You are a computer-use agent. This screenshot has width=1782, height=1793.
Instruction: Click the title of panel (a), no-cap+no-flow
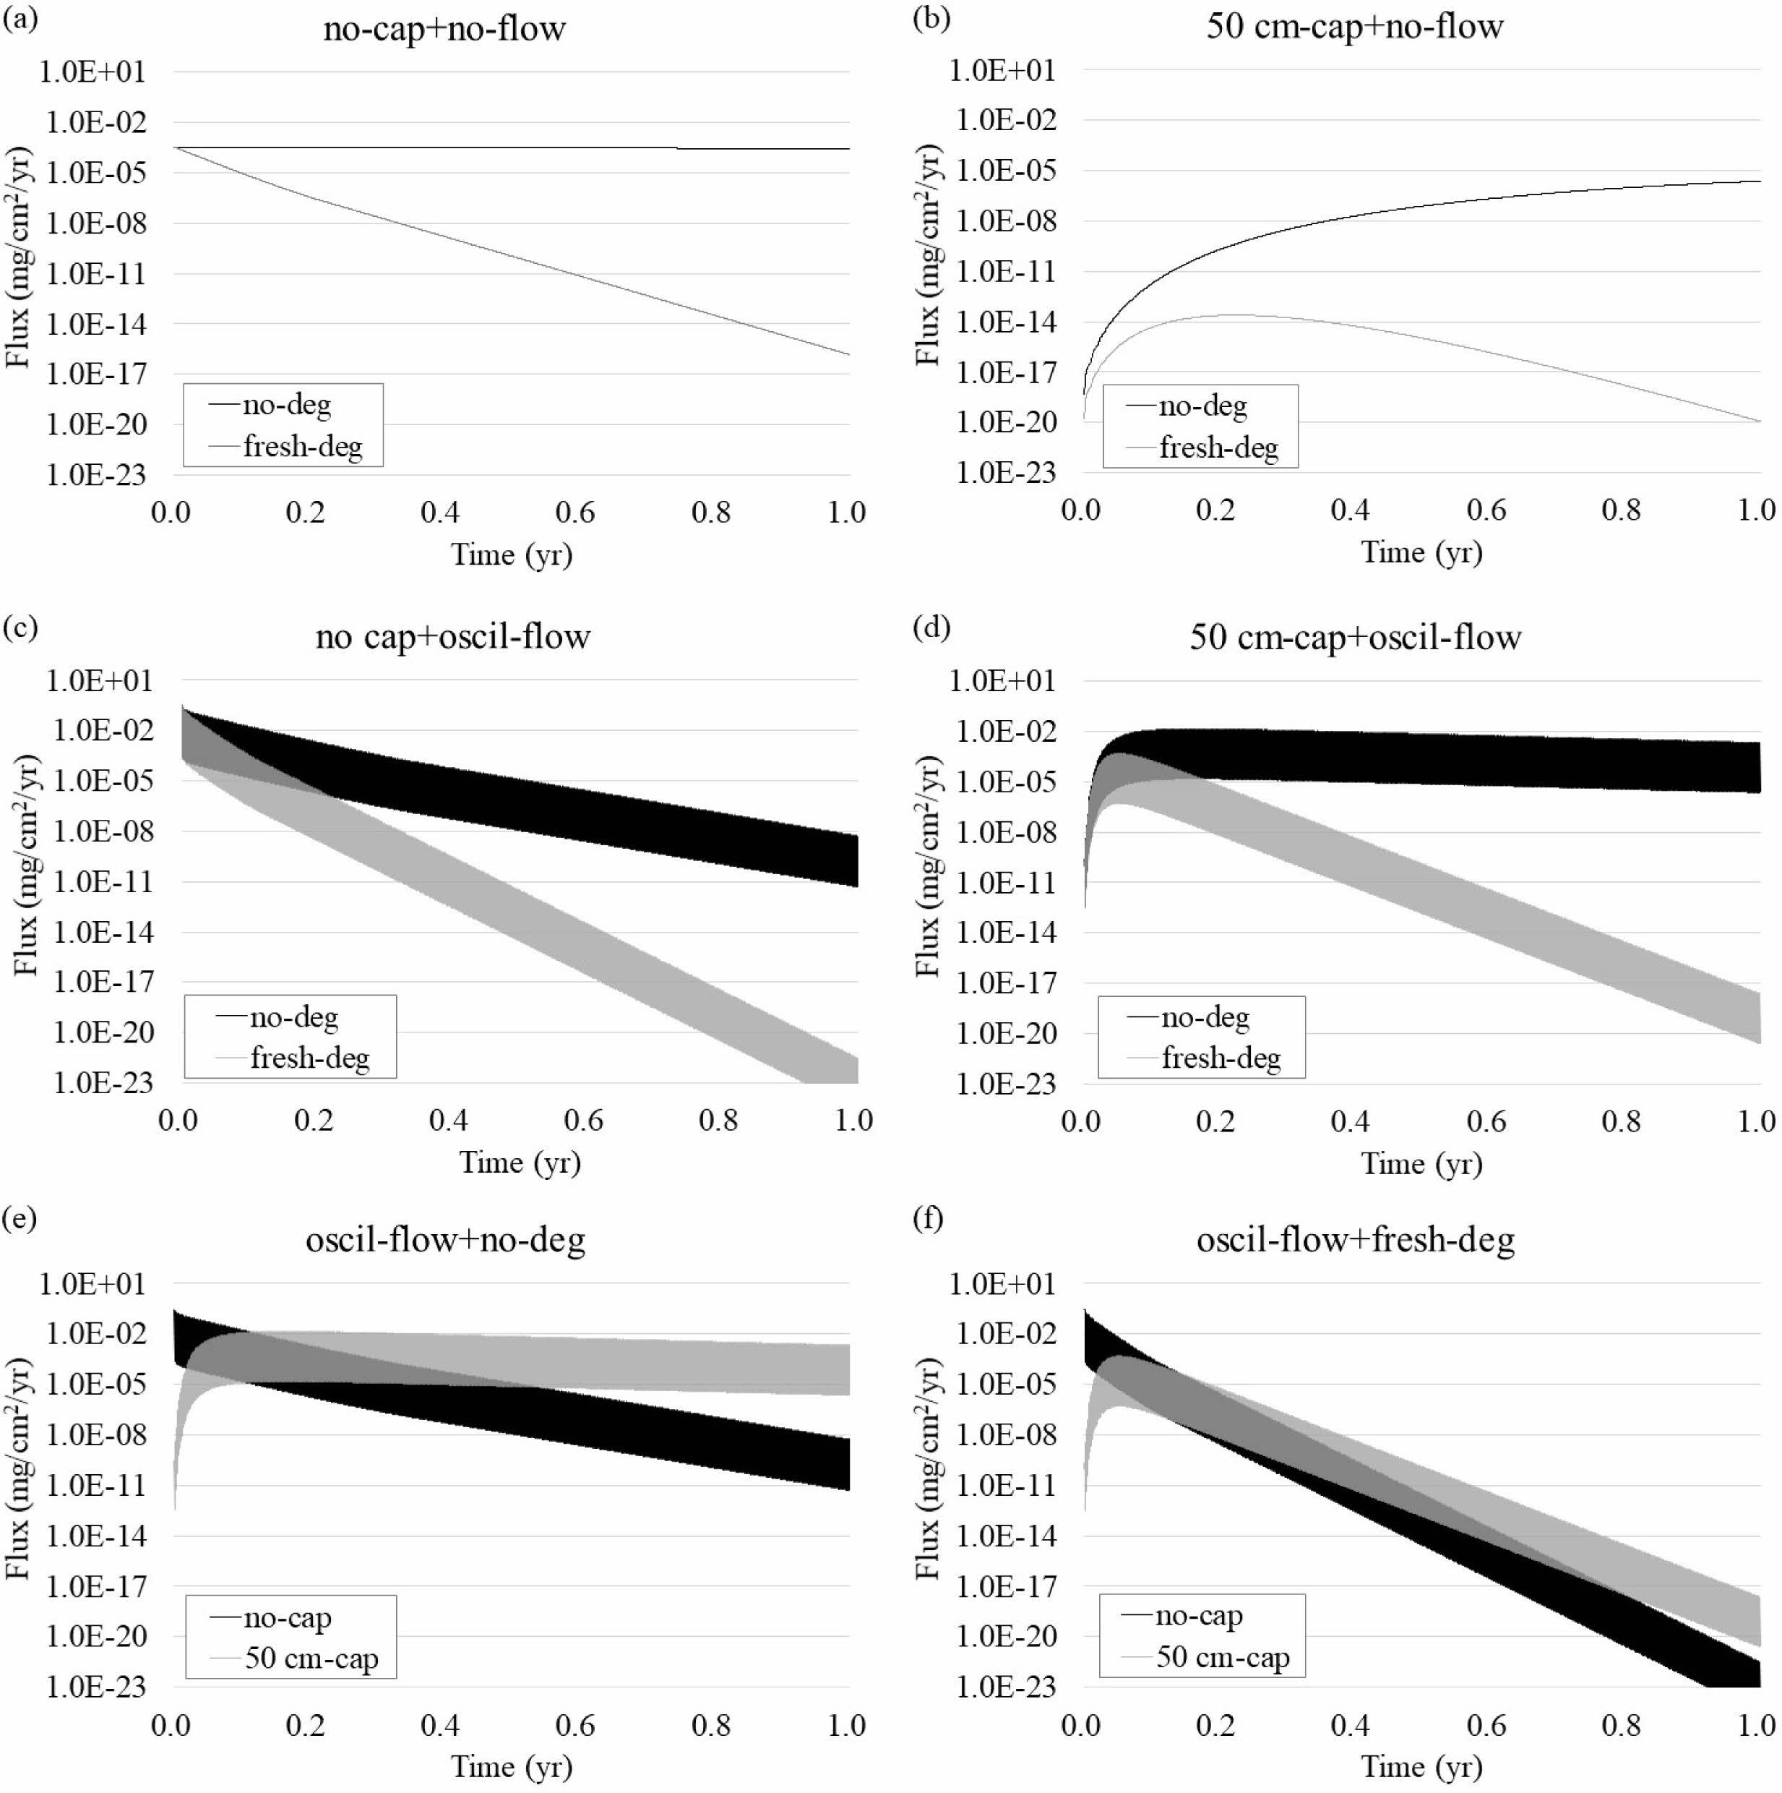[x=444, y=29]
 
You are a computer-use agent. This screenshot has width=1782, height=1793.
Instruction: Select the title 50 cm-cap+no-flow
[x=1354, y=26]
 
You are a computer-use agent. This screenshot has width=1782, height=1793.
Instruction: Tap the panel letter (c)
[x=20, y=628]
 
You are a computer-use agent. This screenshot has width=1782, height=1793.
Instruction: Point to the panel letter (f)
[x=929, y=1218]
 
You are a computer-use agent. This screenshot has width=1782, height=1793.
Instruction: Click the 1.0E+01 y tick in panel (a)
[x=92, y=72]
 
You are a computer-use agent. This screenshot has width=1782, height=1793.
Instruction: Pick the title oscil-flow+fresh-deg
[x=1355, y=1240]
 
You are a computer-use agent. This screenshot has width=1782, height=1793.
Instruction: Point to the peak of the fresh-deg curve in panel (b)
[x=1234, y=314]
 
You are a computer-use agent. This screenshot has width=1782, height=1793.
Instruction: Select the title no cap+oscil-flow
[x=452, y=637]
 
